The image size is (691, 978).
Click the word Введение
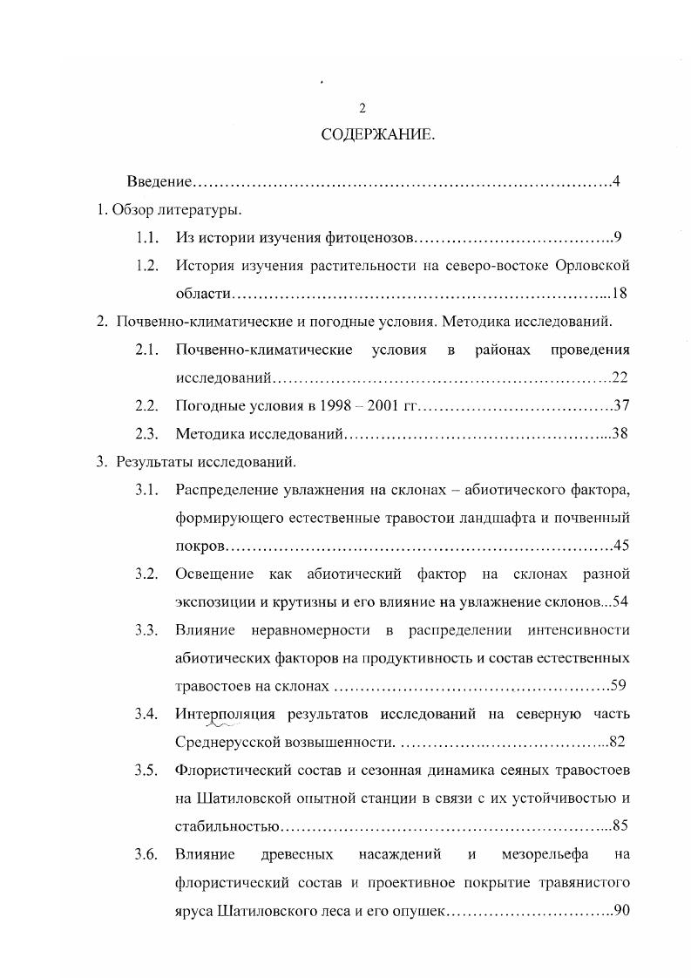pos(158,181)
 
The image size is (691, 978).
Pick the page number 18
pos(620,293)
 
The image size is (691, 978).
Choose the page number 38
pos(620,433)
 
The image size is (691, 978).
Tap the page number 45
pos(620,546)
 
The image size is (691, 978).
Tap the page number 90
pos(620,910)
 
